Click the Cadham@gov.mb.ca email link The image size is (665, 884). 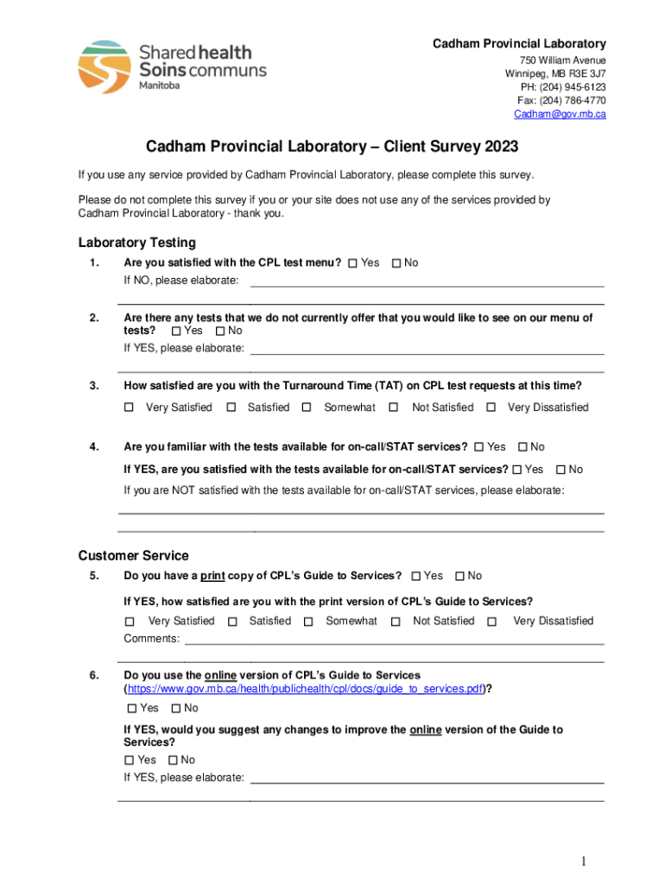tap(560, 114)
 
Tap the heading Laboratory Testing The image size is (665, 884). tap(136, 243)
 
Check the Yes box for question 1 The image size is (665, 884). tap(352, 263)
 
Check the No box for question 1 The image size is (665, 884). tap(396, 263)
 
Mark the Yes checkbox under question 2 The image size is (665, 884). tap(176, 331)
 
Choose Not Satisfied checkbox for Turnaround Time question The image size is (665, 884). tap(394, 407)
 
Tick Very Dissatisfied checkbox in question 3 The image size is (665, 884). tap(491, 407)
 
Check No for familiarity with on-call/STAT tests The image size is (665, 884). tap(522, 447)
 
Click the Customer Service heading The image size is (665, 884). tap(133, 555)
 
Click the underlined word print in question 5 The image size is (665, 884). tap(212, 576)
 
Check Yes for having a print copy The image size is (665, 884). tap(416, 576)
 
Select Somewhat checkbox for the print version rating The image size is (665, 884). tap(307, 622)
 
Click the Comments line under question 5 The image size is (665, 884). tap(394, 641)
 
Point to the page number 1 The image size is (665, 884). tap(584, 862)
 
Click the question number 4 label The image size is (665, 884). tap(92, 446)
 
